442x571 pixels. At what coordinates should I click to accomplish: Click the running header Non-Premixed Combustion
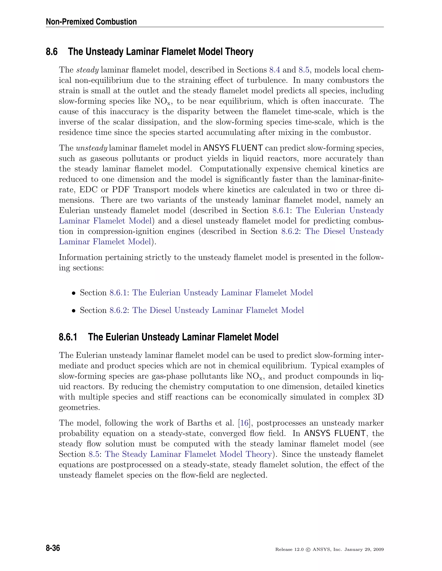(x=91, y=22)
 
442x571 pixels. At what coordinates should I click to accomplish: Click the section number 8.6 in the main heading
(x=52, y=52)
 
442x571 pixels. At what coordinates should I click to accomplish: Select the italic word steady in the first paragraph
(x=87, y=70)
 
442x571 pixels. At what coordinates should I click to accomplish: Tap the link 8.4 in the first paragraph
(x=275, y=70)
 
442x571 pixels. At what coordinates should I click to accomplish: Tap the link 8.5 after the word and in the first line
(x=303, y=70)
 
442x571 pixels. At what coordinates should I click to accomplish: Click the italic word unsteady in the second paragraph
(x=91, y=148)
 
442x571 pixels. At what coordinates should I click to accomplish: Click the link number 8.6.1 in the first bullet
(x=118, y=293)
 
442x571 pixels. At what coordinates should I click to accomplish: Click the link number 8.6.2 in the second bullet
(x=118, y=310)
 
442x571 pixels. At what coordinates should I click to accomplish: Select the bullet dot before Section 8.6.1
(x=74, y=293)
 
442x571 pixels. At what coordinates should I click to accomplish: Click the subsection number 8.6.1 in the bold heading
(x=68, y=337)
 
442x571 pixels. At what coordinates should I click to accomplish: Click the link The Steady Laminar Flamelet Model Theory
(x=188, y=454)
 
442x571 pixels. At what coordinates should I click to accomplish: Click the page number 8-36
(x=53, y=548)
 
